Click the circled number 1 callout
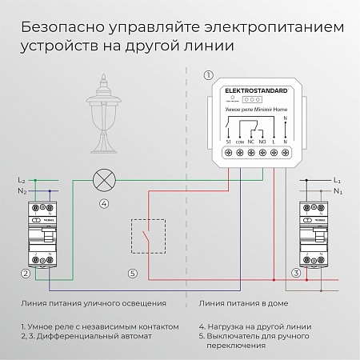pyautogui.click(x=209, y=76)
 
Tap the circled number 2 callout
pyautogui.click(x=26, y=274)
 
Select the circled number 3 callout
pyautogui.click(x=296, y=274)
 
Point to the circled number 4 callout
pyautogui.click(x=103, y=203)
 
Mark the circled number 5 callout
pyautogui.click(x=133, y=274)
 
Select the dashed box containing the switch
pyautogui.click(x=148, y=237)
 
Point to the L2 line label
pyautogui.click(x=22, y=182)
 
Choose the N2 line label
pyautogui.click(x=22, y=192)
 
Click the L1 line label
pyautogui.click(x=337, y=182)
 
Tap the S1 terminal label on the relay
pyautogui.click(x=229, y=142)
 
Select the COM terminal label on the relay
pyautogui.click(x=241, y=142)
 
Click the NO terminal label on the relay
pyautogui.click(x=263, y=142)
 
